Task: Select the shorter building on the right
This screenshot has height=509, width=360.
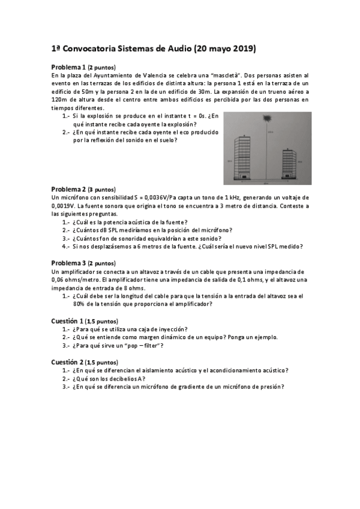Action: click(290, 163)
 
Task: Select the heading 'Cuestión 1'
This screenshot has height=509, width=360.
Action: click(67, 321)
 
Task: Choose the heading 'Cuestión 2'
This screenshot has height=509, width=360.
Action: click(67, 362)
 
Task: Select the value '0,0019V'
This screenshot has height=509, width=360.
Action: click(65, 205)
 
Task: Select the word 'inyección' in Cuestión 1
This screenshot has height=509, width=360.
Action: click(173, 329)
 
